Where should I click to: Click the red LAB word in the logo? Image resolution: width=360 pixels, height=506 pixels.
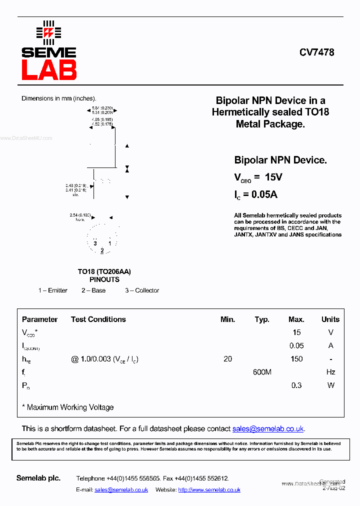(x=48, y=70)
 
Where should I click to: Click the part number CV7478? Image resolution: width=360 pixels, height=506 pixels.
(x=317, y=52)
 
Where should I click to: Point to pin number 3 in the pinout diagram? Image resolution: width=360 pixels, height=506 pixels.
(x=95, y=243)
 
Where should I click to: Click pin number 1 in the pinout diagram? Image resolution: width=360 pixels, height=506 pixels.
(x=109, y=243)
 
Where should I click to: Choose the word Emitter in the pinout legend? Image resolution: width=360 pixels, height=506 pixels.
(x=57, y=290)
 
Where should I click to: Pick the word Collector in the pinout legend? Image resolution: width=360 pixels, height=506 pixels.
(x=147, y=290)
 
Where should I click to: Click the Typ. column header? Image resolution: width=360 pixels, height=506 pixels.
(x=262, y=319)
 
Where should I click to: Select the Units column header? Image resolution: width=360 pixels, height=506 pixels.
(x=330, y=319)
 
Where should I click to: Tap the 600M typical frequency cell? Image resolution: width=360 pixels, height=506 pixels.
(x=262, y=372)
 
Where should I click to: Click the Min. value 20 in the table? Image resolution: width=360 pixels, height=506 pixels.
(x=228, y=359)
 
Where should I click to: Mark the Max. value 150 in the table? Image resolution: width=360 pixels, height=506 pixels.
(x=296, y=359)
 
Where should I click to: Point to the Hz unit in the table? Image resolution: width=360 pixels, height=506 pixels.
(x=330, y=372)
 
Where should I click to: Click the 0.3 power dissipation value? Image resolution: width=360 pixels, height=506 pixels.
(x=296, y=385)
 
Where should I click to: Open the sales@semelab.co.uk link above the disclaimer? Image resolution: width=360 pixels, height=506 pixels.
(x=268, y=429)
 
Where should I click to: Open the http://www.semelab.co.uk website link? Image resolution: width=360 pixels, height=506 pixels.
(x=209, y=490)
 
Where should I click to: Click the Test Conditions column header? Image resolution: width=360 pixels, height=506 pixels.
(x=98, y=319)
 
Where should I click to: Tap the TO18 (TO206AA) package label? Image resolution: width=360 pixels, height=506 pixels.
(x=104, y=271)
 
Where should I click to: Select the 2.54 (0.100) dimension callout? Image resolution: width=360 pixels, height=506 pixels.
(x=80, y=215)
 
